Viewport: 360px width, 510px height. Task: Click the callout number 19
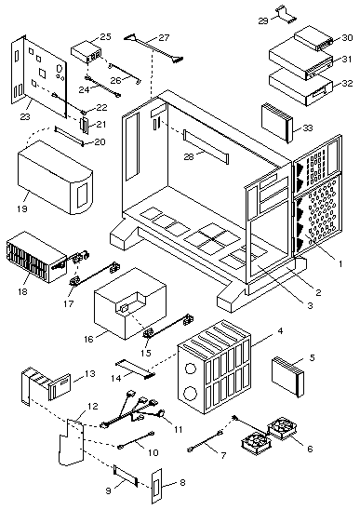coord(22,208)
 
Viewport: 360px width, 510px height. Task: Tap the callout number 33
coord(307,127)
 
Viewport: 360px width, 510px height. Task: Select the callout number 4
coord(280,331)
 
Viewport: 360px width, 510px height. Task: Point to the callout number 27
coord(164,38)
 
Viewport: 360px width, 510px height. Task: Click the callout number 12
coord(93,407)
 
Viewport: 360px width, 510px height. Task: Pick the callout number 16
coord(88,339)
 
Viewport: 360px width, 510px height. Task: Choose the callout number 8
coord(182,482)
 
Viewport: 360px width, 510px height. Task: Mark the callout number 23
coord(25,116)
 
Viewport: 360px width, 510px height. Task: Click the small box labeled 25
coord(87,52)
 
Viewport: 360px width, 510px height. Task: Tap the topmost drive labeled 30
coord(314,40)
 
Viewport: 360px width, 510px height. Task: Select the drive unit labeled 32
coord(301,87)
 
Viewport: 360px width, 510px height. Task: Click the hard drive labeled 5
coord(287,375)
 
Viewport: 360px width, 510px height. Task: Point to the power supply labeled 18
coord(36,256)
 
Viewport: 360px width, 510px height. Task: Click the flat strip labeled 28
coord(207,146)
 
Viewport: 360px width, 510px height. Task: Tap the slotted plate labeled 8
coord(156,486)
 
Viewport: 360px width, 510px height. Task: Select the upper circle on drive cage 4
coord(191,368)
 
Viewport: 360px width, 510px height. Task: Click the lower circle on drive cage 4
coord(190,394)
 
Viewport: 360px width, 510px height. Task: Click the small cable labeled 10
coord(136,440)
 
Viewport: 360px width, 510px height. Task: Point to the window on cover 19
coord(82,195)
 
